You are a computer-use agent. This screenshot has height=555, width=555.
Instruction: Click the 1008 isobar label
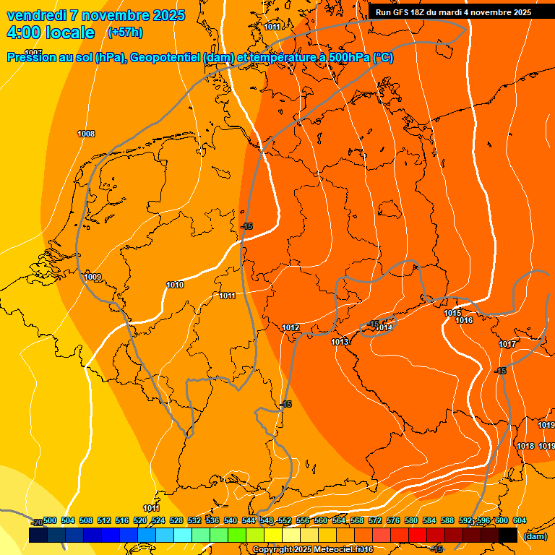[86, 134]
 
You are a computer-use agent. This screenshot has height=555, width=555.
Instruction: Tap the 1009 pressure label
[92, 277]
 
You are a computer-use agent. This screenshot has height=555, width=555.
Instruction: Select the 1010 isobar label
[175, 285]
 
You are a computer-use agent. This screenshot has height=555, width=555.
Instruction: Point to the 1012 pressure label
[291, 327]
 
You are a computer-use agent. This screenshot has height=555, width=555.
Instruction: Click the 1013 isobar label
[340, 342]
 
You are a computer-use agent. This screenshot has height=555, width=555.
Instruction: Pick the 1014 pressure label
[384, 327]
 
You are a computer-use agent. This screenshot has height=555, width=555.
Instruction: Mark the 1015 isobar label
[452, 313]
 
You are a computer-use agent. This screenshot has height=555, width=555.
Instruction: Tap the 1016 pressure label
[464, 320]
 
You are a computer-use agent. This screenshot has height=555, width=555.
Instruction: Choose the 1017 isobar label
[507, 344]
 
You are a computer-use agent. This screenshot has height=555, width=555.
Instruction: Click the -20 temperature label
[37, 522]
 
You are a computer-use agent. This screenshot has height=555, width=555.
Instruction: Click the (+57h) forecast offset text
[124, 32]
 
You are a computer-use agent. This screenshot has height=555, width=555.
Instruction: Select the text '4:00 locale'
[51, 33]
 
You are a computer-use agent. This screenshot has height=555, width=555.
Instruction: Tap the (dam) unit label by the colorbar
[535, 537]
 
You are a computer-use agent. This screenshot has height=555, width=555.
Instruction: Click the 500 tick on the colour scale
[50, 520]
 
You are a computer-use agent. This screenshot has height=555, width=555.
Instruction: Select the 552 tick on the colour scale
[285, 520]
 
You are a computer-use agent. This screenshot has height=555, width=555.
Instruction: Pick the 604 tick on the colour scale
[519, 520]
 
